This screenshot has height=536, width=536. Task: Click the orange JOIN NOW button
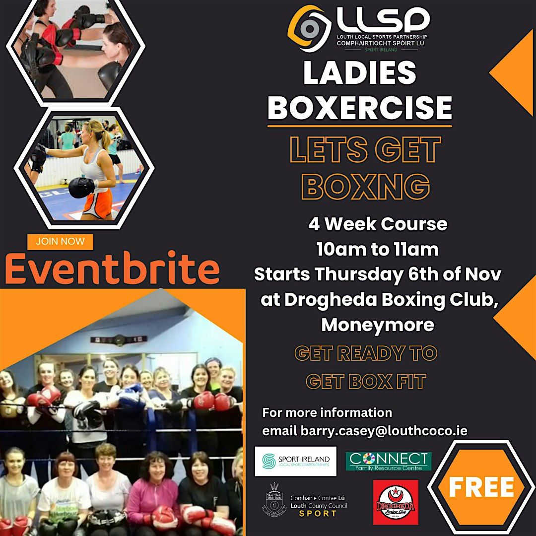61,242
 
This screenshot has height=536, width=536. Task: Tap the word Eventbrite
112,269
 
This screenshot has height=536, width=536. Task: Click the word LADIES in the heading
360,73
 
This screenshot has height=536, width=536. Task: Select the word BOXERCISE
360,107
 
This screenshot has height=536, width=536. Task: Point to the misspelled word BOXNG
366,186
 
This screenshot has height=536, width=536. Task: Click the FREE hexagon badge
481,487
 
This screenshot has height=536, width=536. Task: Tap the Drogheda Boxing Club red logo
396,501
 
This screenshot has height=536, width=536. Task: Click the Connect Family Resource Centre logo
388,461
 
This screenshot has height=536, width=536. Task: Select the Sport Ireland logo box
295,461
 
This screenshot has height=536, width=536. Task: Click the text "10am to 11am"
378,250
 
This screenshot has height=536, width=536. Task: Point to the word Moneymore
378,325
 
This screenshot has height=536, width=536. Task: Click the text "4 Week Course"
378,224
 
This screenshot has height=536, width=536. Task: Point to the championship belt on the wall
119,339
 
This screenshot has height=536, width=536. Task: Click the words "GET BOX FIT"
366,381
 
